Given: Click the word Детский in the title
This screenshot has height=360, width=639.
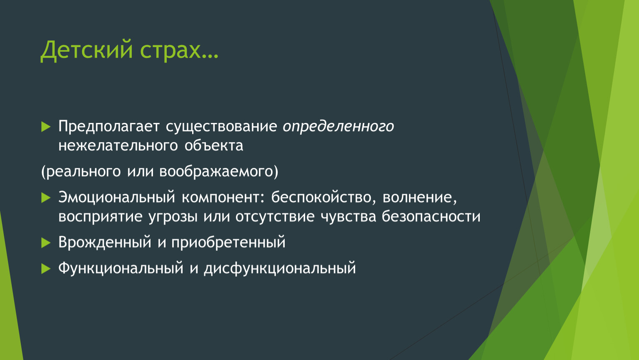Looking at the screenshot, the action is pyautogui.click(x=87, y=50).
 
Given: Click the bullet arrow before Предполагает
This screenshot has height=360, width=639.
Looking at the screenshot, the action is pyautogui.click(x=46, y=126).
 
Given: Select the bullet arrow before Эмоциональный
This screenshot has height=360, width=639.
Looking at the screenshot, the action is pyautogui.click(x=46, y=197).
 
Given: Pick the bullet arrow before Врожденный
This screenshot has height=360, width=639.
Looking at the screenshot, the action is pyautogui.click(x=46, y=243).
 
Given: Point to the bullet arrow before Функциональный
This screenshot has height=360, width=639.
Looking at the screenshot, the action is pyautogui.click(x=46, y=268).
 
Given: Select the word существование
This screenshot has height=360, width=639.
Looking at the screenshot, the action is pyautogui.click(x=221, y=126).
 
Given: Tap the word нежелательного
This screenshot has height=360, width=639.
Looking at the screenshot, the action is pyautogui.click(x=118, y=146).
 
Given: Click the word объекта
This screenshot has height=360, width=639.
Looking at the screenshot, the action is pyautogui.click(x=214, y=146).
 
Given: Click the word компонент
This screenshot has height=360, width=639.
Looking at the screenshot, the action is pyautogui.click(x=221, y=198).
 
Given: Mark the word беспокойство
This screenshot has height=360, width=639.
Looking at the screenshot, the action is pyautogui.click(x=321, y=197).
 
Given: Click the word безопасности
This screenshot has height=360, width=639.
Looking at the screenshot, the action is pyautogui.click(x=431, y=217).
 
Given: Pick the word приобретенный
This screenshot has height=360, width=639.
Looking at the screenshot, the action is pyautogui.click(x=228, y=243).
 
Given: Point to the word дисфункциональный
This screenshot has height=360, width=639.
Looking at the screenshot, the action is pyautogui.click(x=280, y=268).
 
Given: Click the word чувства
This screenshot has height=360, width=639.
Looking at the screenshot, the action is pyautogui.click(x=348, y=217).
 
